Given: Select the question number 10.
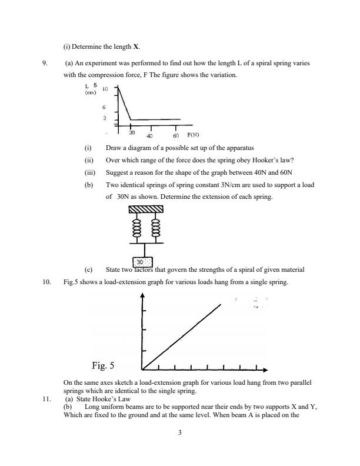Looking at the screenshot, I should tap(47, 282).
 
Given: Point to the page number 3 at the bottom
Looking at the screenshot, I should tap(180, 434).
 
